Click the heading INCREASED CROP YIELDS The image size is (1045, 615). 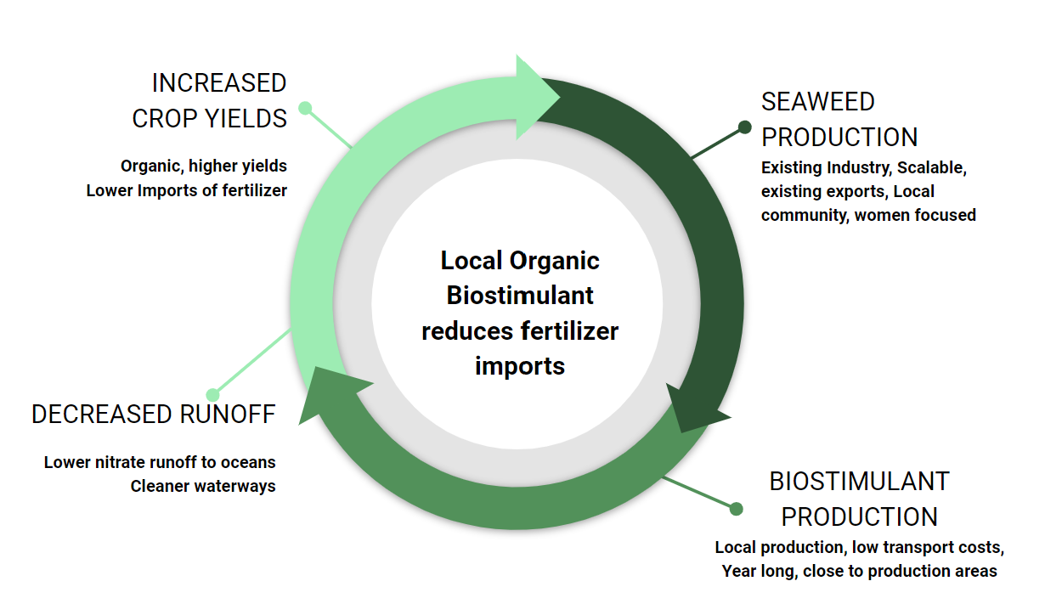(210, 100)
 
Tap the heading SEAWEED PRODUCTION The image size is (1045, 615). (839, 119)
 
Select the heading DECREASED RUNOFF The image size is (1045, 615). (154, 415)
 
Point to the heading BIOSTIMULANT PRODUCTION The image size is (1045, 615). (859, 499)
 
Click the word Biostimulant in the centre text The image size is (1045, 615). (520, 296)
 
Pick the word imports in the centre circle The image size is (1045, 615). (520, 365)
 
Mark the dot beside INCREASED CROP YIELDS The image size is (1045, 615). (305, 109)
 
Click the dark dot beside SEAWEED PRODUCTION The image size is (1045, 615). (744, 127)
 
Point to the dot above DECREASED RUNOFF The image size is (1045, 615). (213, 395)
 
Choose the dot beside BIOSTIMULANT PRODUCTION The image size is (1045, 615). (736, 509)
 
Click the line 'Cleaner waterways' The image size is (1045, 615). (203, 487)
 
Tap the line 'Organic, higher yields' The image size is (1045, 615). (204, 166)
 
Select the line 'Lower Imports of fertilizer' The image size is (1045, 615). (187, 191)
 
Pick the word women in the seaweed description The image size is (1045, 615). (884, 216)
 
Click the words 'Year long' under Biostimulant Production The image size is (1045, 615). (760, 572)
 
